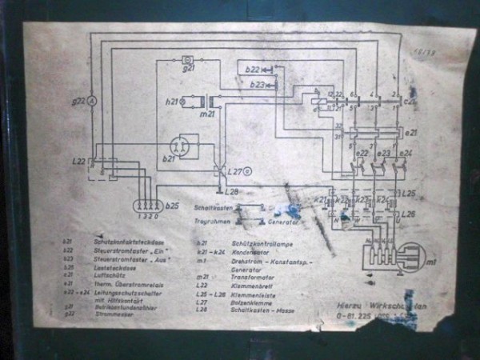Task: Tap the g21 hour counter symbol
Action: click(x=188, y=59)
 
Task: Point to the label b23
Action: click(x=257, y=84)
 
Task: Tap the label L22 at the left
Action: click(x=78, y=162)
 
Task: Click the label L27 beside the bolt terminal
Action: click(x=235, y=172)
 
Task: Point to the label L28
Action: click(x=232, y=192)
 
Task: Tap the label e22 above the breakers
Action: click(x=362, y=153)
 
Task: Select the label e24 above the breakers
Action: click(x=406, y=153)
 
